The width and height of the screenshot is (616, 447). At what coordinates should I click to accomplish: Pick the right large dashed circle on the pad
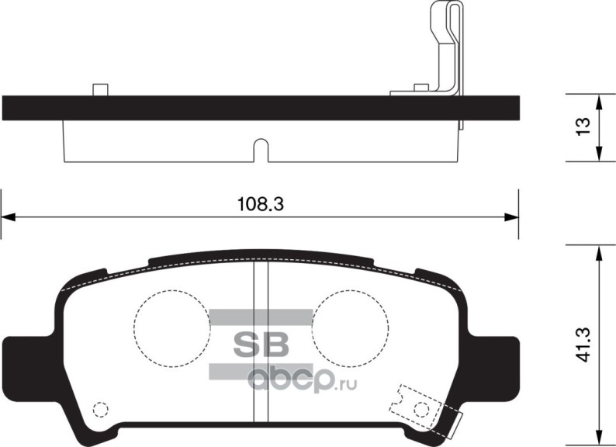tap(350, 327)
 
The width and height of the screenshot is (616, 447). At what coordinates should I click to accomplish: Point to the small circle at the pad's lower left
tap(99, 409)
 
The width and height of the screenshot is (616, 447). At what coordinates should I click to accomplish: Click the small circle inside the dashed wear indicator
tap(420, 408)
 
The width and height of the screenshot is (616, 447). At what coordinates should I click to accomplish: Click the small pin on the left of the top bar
tap(99, 89)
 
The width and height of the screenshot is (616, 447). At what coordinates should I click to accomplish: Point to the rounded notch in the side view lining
tap(261, 150)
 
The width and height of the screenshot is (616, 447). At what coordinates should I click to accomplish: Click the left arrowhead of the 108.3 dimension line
tap(6, 216)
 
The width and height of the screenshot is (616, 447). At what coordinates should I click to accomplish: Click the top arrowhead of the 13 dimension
tap(599, 101)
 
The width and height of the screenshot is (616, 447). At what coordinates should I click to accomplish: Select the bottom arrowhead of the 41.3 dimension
tap(599, 437)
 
